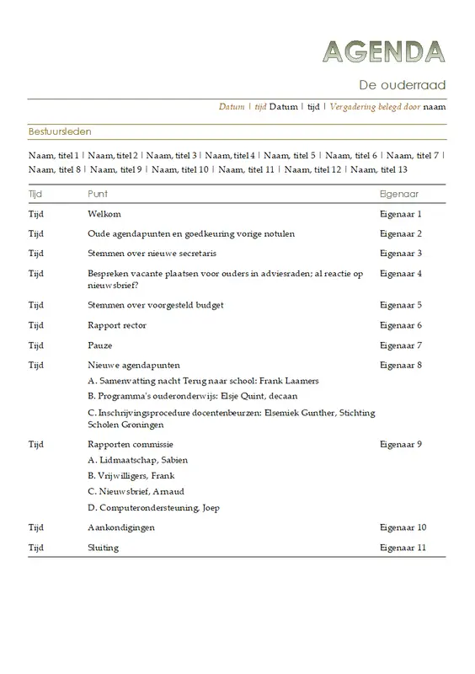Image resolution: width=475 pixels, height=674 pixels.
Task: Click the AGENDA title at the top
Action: [x=384, y=52]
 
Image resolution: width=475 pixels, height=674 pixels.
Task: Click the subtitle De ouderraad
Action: [x=403, y=85]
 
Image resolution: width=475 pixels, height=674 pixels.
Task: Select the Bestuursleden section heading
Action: [x=60, y=132]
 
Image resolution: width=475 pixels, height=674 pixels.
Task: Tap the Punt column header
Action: [x=98, y=194]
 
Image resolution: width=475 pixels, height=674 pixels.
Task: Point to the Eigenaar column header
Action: [x=400, y=194]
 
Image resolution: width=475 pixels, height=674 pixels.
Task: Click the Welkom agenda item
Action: [x=104, y=214]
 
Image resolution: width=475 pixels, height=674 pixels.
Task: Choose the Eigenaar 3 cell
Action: [x=401, y=253]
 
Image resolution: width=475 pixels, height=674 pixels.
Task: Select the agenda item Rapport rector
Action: [x=117, y=325]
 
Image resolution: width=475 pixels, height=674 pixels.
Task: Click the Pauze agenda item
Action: [x=100, y=345]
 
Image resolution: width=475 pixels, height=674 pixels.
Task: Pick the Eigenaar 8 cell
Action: [x=401, y=365]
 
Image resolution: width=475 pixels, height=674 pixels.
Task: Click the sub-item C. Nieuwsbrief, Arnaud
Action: [x=136, y=491]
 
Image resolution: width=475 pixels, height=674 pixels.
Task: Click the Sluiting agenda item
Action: [x=104, y=548]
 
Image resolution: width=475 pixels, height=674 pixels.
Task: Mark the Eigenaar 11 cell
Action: [x=403, y=548]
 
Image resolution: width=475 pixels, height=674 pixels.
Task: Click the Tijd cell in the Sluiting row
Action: [x=36, y=548]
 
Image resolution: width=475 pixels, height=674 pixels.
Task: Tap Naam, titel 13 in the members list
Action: [x=378, y=169]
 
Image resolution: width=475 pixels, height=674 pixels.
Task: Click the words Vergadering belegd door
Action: [x=375, y=107]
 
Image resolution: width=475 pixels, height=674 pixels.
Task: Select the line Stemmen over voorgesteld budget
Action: [x=156, y=304]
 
